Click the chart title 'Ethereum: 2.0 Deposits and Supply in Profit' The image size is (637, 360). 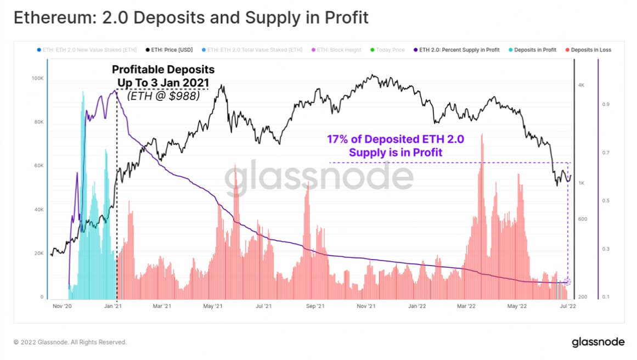(191, 18)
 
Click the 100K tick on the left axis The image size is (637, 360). (37, 79)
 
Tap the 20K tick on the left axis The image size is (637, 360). (38, 254)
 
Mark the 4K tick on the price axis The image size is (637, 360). (582, 86)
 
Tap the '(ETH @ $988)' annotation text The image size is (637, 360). (163, 95)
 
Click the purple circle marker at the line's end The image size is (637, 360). (568, 282)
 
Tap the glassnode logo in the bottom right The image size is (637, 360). (597, 342)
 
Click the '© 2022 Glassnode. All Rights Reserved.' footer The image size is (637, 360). (70, 342)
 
